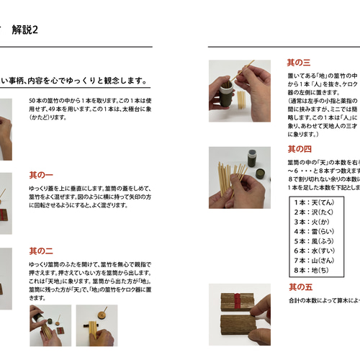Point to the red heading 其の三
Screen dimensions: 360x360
coord(299,63)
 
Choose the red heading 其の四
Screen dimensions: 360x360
coord(299,149)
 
